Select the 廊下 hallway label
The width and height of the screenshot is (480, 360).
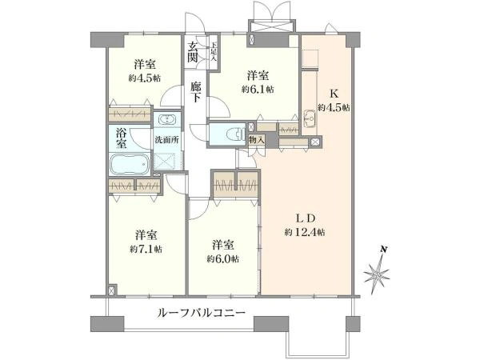(x=196, y=92)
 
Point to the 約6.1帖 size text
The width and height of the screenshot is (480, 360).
(x=256, y=90)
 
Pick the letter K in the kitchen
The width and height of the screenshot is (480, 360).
(x=334, y=93)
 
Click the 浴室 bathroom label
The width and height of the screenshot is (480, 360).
(x=121, y=138)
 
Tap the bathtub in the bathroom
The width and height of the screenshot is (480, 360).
(x=129, y=166)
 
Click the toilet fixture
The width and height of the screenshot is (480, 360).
(x=233, y=133)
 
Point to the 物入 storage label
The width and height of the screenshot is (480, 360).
(x=257, y=139)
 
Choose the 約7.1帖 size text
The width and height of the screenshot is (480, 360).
(x=145, y=249)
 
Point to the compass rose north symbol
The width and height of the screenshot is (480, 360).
(x=377, y=274)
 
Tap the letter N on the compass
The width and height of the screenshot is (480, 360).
(x=384, y=250)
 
